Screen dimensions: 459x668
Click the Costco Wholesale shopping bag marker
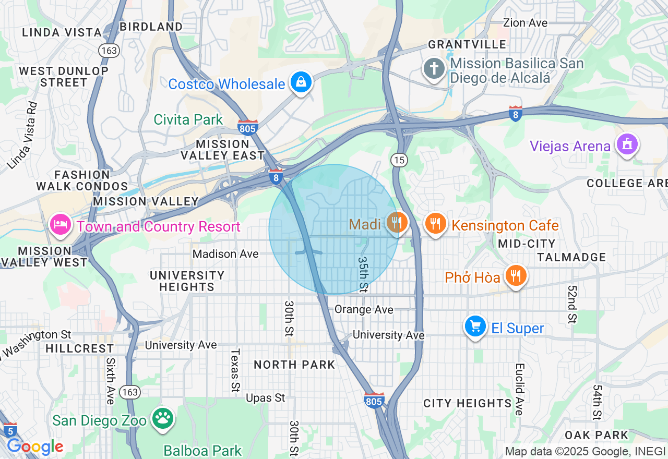[301, 82]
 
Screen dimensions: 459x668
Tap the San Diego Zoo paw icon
[163, 418]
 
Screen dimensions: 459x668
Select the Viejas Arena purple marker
[626, 143]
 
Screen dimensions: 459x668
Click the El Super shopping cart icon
[475, 327]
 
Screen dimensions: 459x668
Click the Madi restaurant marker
[397, 223]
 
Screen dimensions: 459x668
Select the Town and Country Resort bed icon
[61, 225]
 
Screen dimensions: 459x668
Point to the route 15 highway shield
[399, 160]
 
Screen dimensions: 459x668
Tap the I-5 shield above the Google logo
[9, 430]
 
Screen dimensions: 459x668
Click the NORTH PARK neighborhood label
[294, 365]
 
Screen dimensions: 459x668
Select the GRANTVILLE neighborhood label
[467, 44]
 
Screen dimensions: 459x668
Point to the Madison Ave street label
[225, 254]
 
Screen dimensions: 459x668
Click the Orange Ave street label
[364, 309]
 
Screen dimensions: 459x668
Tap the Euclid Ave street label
[519, 389]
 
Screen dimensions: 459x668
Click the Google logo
[34, 447]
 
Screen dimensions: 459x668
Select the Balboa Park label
[202, 450]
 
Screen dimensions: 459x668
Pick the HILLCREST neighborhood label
[79, 348]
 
